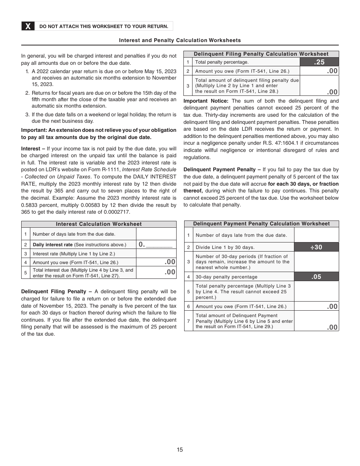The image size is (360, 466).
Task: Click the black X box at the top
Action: click(x=28, y=26)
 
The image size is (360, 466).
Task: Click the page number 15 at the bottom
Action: click(x=180, y=450)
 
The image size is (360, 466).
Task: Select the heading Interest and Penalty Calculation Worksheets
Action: click(x=180, y=40)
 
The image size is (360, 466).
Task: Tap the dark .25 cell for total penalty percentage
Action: click(x=319, y=62)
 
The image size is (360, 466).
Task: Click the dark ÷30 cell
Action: click(x=316, y=247)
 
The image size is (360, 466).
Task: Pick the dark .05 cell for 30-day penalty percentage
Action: click(x=316, y=277)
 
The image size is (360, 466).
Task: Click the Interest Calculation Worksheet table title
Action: click(x=99, y=224)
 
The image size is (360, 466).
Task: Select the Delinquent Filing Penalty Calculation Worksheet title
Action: click(x=261, y=54)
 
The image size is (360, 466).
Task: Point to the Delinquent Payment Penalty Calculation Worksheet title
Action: click(x=261, y=224)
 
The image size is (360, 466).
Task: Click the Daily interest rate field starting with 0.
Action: click(x=156, y=244)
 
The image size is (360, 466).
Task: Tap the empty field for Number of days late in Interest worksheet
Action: click(x=156, y=234)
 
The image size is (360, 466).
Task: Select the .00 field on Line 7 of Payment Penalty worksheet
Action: click(x=316, y=321)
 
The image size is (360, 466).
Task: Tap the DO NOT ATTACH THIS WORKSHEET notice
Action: click(x=104, y=26)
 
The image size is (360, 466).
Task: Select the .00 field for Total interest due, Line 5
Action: click(x=156, y=272)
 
